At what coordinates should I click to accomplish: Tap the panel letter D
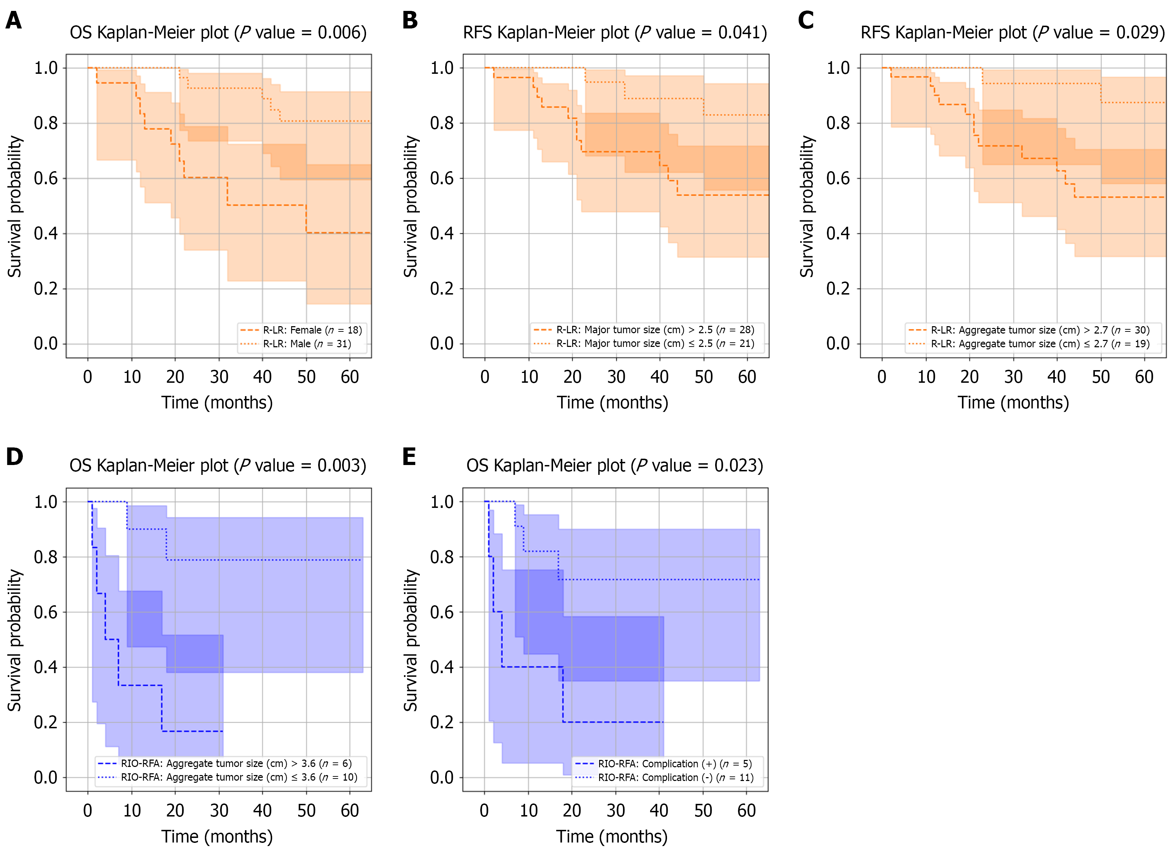point(14,457)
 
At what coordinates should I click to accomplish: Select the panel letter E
point(409,457)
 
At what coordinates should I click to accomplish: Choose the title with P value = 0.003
point(218,466)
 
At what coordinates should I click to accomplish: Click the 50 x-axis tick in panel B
point(704,377)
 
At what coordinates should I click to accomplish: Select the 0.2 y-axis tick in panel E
point(442,722)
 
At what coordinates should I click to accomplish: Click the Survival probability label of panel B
point(411,206)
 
